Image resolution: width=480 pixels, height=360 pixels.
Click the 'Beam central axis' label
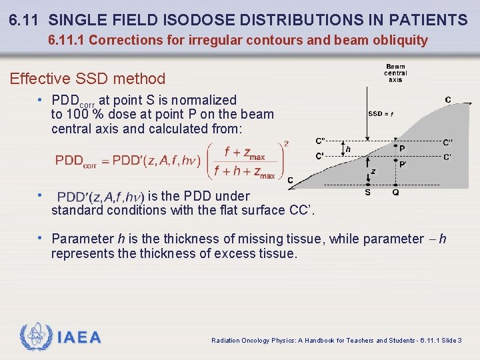pyautogui.click(x=395, y=73)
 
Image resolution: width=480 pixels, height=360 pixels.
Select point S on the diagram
pyautogui.click(x=367, y=193)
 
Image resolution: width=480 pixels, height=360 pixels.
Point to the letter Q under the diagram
pyautogui.click(x=396, y=193)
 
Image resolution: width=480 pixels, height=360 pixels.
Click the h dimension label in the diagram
pyautogui.click(x=348, y=150)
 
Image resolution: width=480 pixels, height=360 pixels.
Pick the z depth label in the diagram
pyautogui.click(x=373, y=171)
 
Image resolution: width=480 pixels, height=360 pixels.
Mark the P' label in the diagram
pyautogui.click(x=403, y=163)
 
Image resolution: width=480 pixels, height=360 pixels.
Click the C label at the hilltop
pyautogui.click(x=447, y=100)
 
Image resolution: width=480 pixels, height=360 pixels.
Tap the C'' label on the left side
pyautogui.click(x=321, y=141)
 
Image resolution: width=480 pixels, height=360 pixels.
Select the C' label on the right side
pyautogui.click(x=447, y=157)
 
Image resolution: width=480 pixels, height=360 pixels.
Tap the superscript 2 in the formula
pyautogui.click(x=286, y=143)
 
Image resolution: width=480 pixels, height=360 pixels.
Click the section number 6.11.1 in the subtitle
pyautogui.click(x=67, y=40)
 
